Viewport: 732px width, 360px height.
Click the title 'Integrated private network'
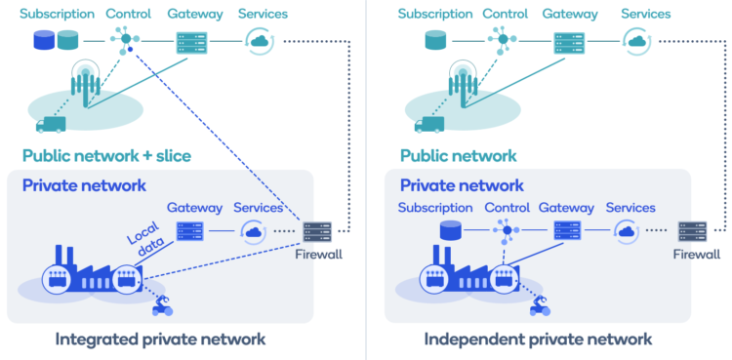tap(160, 340)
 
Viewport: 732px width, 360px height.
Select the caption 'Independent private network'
tap(538, 340)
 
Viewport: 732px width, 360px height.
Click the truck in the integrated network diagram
tap(50, 124)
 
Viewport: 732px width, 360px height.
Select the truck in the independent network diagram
tap(427, 124)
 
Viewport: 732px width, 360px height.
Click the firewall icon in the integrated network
tap(317, 231)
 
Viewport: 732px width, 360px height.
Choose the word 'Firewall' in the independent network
tap(696, 255)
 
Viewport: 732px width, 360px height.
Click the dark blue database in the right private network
tap(450, 231)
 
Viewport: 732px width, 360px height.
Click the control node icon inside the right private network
tap(507, 231)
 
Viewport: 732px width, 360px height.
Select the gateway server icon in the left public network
tap(188, 42)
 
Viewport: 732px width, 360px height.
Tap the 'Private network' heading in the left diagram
tap(84, 185)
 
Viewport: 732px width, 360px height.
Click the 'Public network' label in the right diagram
tap(459, 155)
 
